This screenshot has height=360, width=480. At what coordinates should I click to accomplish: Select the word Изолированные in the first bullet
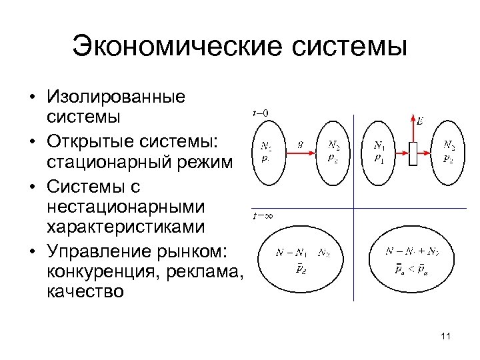(116, 98)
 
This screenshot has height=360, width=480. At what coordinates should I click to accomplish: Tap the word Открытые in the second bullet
(85, 141)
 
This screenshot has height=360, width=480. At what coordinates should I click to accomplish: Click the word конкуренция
(100, 270)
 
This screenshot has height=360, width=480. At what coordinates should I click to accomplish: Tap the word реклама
(205, 270)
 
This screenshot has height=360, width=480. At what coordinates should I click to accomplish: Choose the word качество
(85, 291)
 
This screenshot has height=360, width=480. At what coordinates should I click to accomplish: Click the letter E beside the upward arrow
(419, 121)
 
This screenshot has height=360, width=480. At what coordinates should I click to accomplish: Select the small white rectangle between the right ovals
(414, 153)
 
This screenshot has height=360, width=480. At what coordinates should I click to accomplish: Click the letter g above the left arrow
(301, 142)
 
